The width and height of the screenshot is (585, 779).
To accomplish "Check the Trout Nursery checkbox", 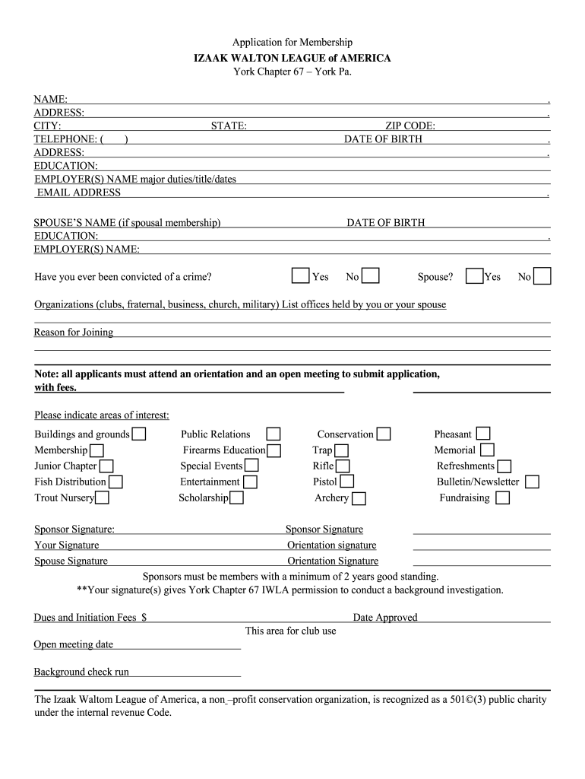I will [x=102, y=498].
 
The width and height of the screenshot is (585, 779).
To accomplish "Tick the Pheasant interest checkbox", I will [x=482, y=434].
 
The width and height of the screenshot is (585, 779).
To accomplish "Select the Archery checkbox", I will [x=359, y=498].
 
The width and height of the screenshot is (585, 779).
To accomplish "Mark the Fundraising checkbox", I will [x=502, y=498].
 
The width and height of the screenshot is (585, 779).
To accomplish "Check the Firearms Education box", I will [x=274, y=450].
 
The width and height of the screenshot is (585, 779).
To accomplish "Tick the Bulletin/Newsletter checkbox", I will [x=532, y=482].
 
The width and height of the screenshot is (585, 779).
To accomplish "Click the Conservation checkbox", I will [x=384, y=434].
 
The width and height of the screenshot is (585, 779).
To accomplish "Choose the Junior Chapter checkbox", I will [x=106, y=466].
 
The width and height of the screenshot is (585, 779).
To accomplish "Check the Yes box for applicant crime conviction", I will [x=301, y=275].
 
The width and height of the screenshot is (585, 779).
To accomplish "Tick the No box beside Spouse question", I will [x=542, y=275].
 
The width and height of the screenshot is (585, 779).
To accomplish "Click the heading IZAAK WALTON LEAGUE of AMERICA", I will [x=292, y=58].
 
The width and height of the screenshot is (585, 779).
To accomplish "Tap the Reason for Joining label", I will [x=74, y=332].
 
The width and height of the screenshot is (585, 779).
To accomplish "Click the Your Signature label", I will [x=67, y=545].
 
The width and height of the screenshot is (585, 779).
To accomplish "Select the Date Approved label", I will [x=385, y=618].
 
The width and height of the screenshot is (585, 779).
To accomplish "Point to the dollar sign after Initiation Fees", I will [x=144, y=618].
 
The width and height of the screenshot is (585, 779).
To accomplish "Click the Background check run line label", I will [x=81, y=672].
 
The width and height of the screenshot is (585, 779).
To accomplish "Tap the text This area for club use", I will [x=290, y=631].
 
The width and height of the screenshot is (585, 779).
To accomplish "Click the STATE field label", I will [x=229, y=126].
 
